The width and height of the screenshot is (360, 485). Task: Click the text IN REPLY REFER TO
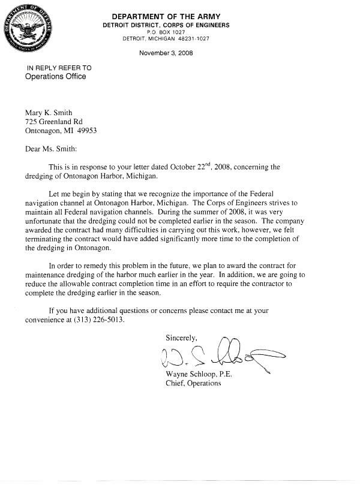(59, 68)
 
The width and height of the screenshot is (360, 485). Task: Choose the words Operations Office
(55, 77)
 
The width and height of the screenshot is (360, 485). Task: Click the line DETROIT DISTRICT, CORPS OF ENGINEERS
(166, 25)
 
